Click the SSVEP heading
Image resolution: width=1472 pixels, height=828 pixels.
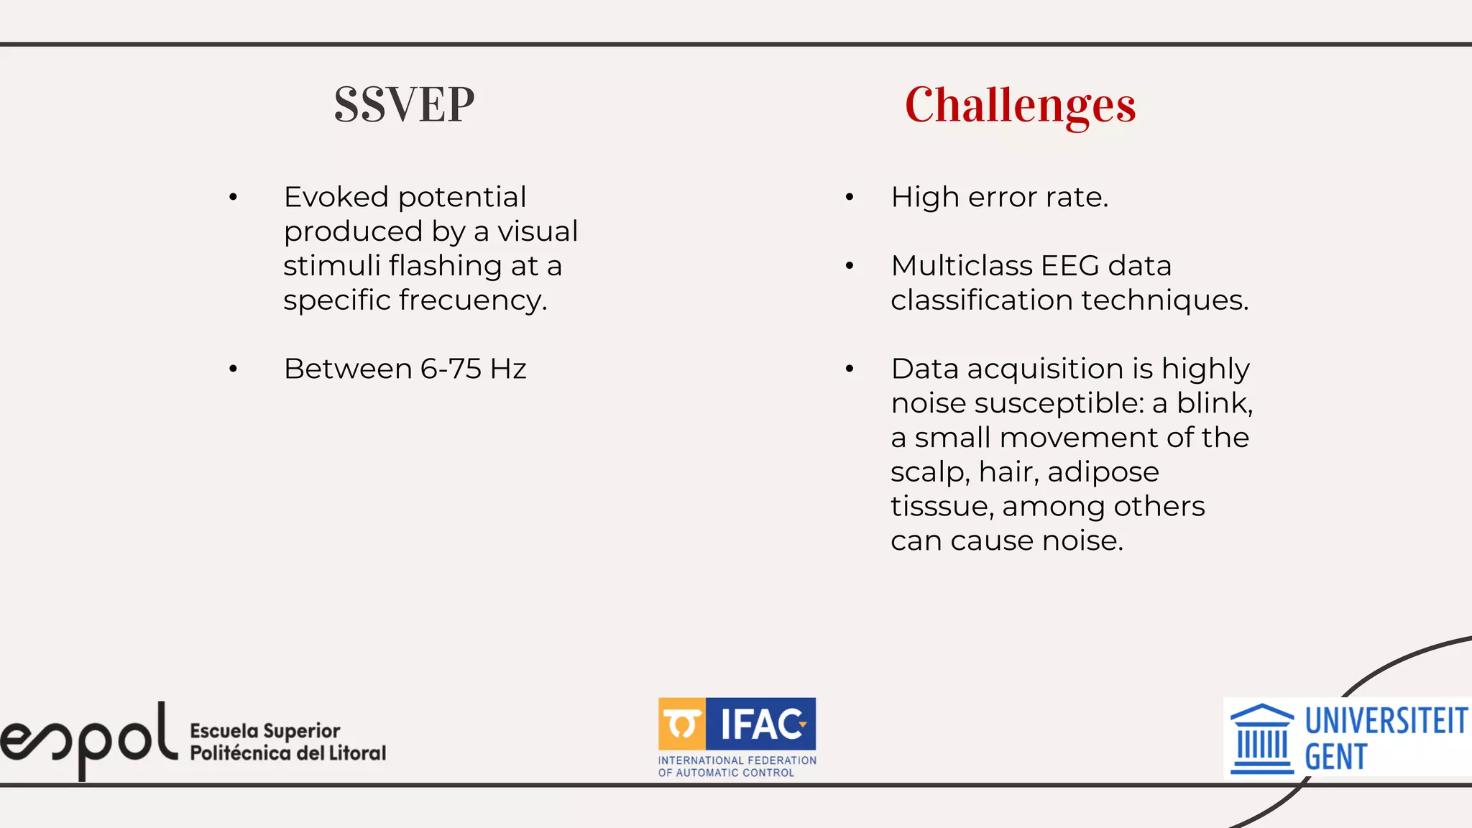[x=404, y=105]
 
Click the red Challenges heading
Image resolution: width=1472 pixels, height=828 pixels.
[x=1020, y=105]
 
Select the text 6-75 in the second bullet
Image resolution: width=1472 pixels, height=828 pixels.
[x=451, y=369]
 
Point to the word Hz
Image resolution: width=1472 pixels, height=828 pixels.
[x=508, y=369]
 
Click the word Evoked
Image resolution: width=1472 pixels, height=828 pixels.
[x=336, y=197]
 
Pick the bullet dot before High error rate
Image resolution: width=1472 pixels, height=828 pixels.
[x=850, y=197]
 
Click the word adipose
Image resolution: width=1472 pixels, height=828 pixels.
[x=1103, y=472]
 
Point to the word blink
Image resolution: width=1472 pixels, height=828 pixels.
[x=1213, y=403]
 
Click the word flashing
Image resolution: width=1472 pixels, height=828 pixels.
[x=446, y=266]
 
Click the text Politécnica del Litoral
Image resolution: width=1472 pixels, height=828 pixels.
[x=287, y=753]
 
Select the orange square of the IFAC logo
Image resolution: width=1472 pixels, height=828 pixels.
[x=681, y=723]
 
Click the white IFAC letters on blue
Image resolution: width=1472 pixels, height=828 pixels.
[x=762, y=724]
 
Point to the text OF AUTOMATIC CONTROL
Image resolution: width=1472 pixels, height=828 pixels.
[x=726, y=773]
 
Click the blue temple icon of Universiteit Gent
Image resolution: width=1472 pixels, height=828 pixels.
[x=1262, y=739]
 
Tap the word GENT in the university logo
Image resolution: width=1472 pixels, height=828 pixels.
[x=1335, y=758]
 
